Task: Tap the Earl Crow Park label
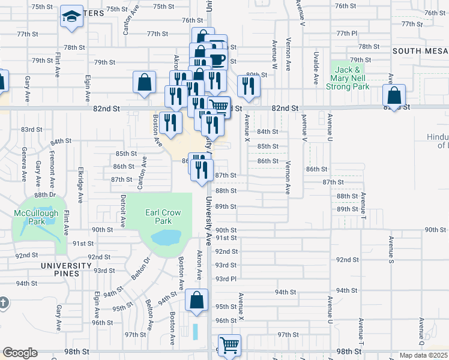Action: pos(158,217)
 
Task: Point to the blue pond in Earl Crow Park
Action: pos(166,238)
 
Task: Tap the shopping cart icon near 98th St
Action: pos(229,346)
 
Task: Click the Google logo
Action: pos(20,353)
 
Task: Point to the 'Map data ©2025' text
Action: pos(423,355)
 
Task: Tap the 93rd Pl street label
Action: pos(226,279)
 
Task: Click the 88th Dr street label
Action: pos(45,195)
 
